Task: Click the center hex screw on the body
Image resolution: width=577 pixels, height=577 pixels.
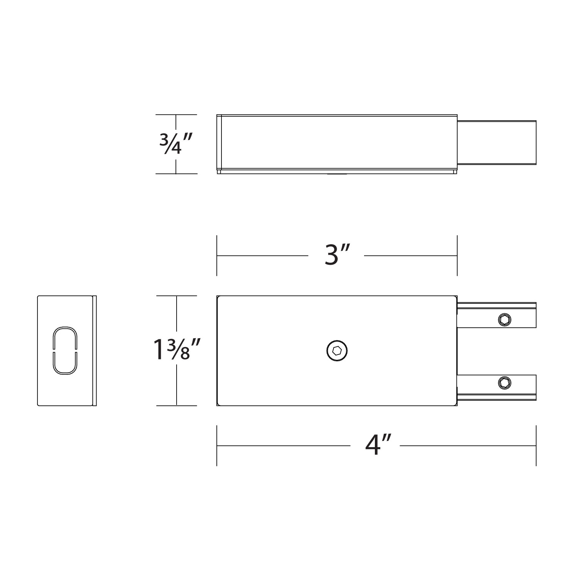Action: tap(337, 351)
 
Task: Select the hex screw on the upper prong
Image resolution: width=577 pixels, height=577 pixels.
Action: tap(504, 319)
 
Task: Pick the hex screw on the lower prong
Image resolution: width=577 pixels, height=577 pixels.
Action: tap(504, 383)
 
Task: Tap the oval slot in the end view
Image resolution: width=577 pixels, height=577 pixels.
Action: tap(65, 351)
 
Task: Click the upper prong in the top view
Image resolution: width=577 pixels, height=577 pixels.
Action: tap(497, 315)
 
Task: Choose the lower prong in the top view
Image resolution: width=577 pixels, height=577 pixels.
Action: tap(497, 387)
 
